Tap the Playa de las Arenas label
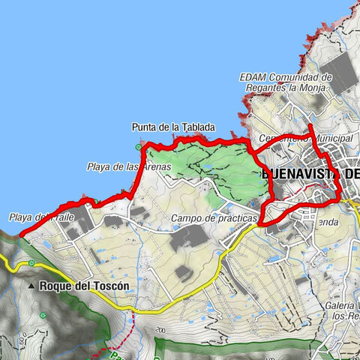(x=129, y=166)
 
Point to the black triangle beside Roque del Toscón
(x=31, y=286)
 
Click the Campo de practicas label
(x=214, y=218)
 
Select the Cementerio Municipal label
(x=294, y=139)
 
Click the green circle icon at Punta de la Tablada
(x=137, y=147)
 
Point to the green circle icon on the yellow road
(x=32, y=263)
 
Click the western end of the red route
(x=20, y=234)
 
